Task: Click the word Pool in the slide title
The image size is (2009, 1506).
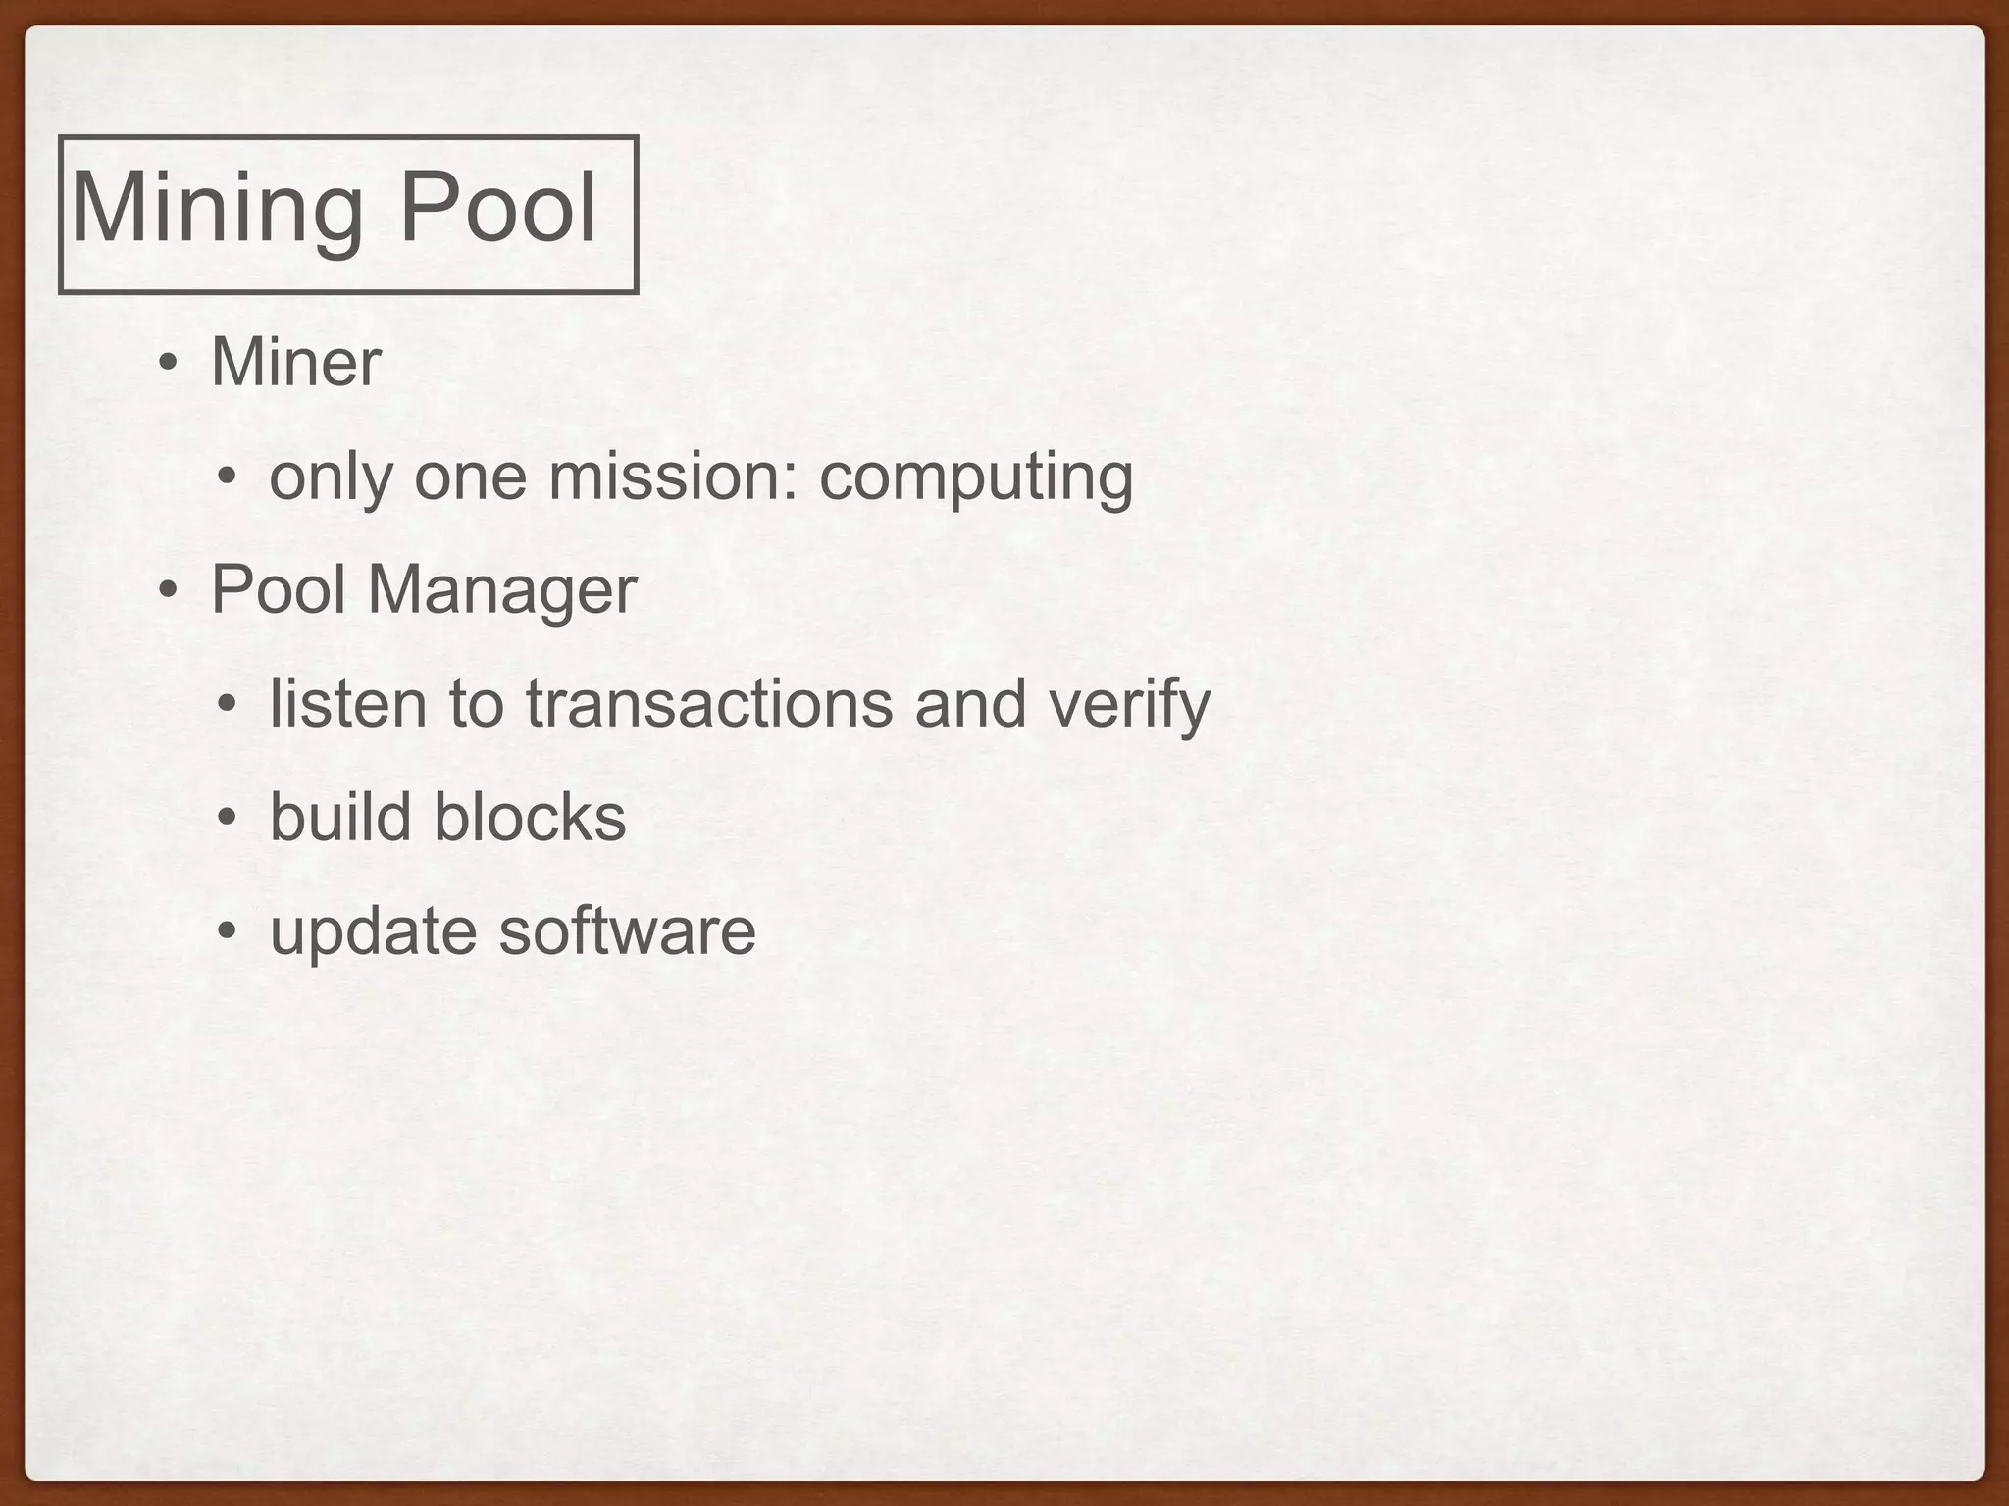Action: pyautogui.click(x=498, y=207)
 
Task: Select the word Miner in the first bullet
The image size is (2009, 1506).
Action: pyautogui.click(x=295, y=362)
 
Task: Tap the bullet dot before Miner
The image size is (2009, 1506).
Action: pyautogui.click(x=169, y=364)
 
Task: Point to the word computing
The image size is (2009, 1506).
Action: pyautogui.click(x=976, y=477)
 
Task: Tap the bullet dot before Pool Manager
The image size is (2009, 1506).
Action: pyautogui.click(x=169, y=591)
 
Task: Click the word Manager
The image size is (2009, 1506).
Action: pyautogui.click(x=502, y=591)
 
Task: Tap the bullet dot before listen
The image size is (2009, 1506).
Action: pyautogui.click(x=227, y=705)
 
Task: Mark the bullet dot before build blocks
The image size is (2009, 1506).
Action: pyautogui.click(x=227, y=819)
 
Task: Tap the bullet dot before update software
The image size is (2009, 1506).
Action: pyautogui.click(x=227, y=932)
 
